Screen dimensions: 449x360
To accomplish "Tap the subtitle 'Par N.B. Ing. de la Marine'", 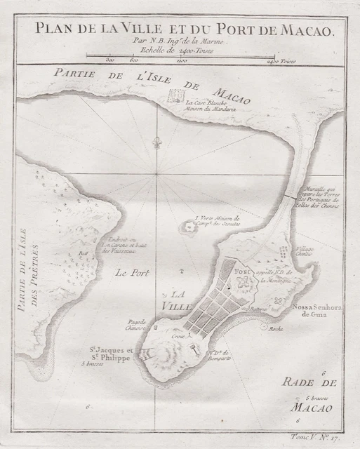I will click(180, 41).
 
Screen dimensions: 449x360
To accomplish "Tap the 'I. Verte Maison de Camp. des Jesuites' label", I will click(218, 222).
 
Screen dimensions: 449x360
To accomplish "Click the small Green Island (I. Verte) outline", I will click(189, 227).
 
